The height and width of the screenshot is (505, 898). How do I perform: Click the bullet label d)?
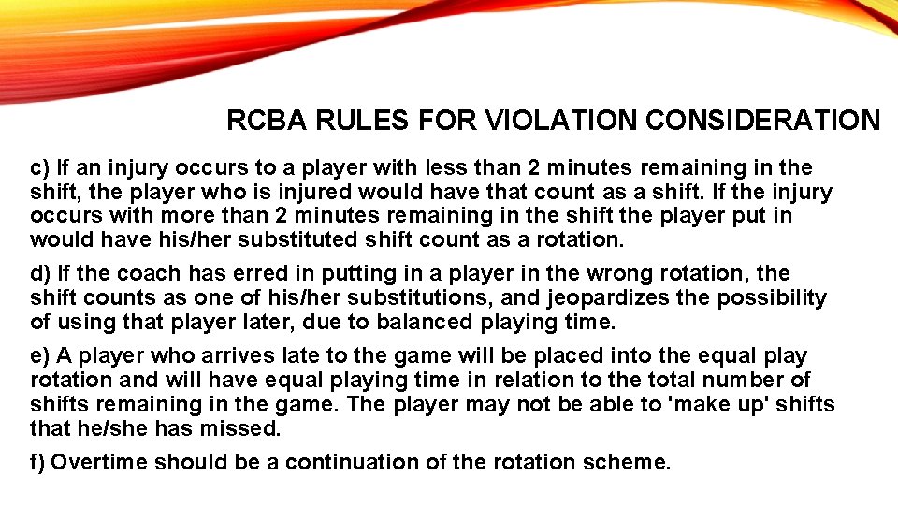tap(40, 274)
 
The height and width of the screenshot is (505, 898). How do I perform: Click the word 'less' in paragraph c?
tap(446, 168)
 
